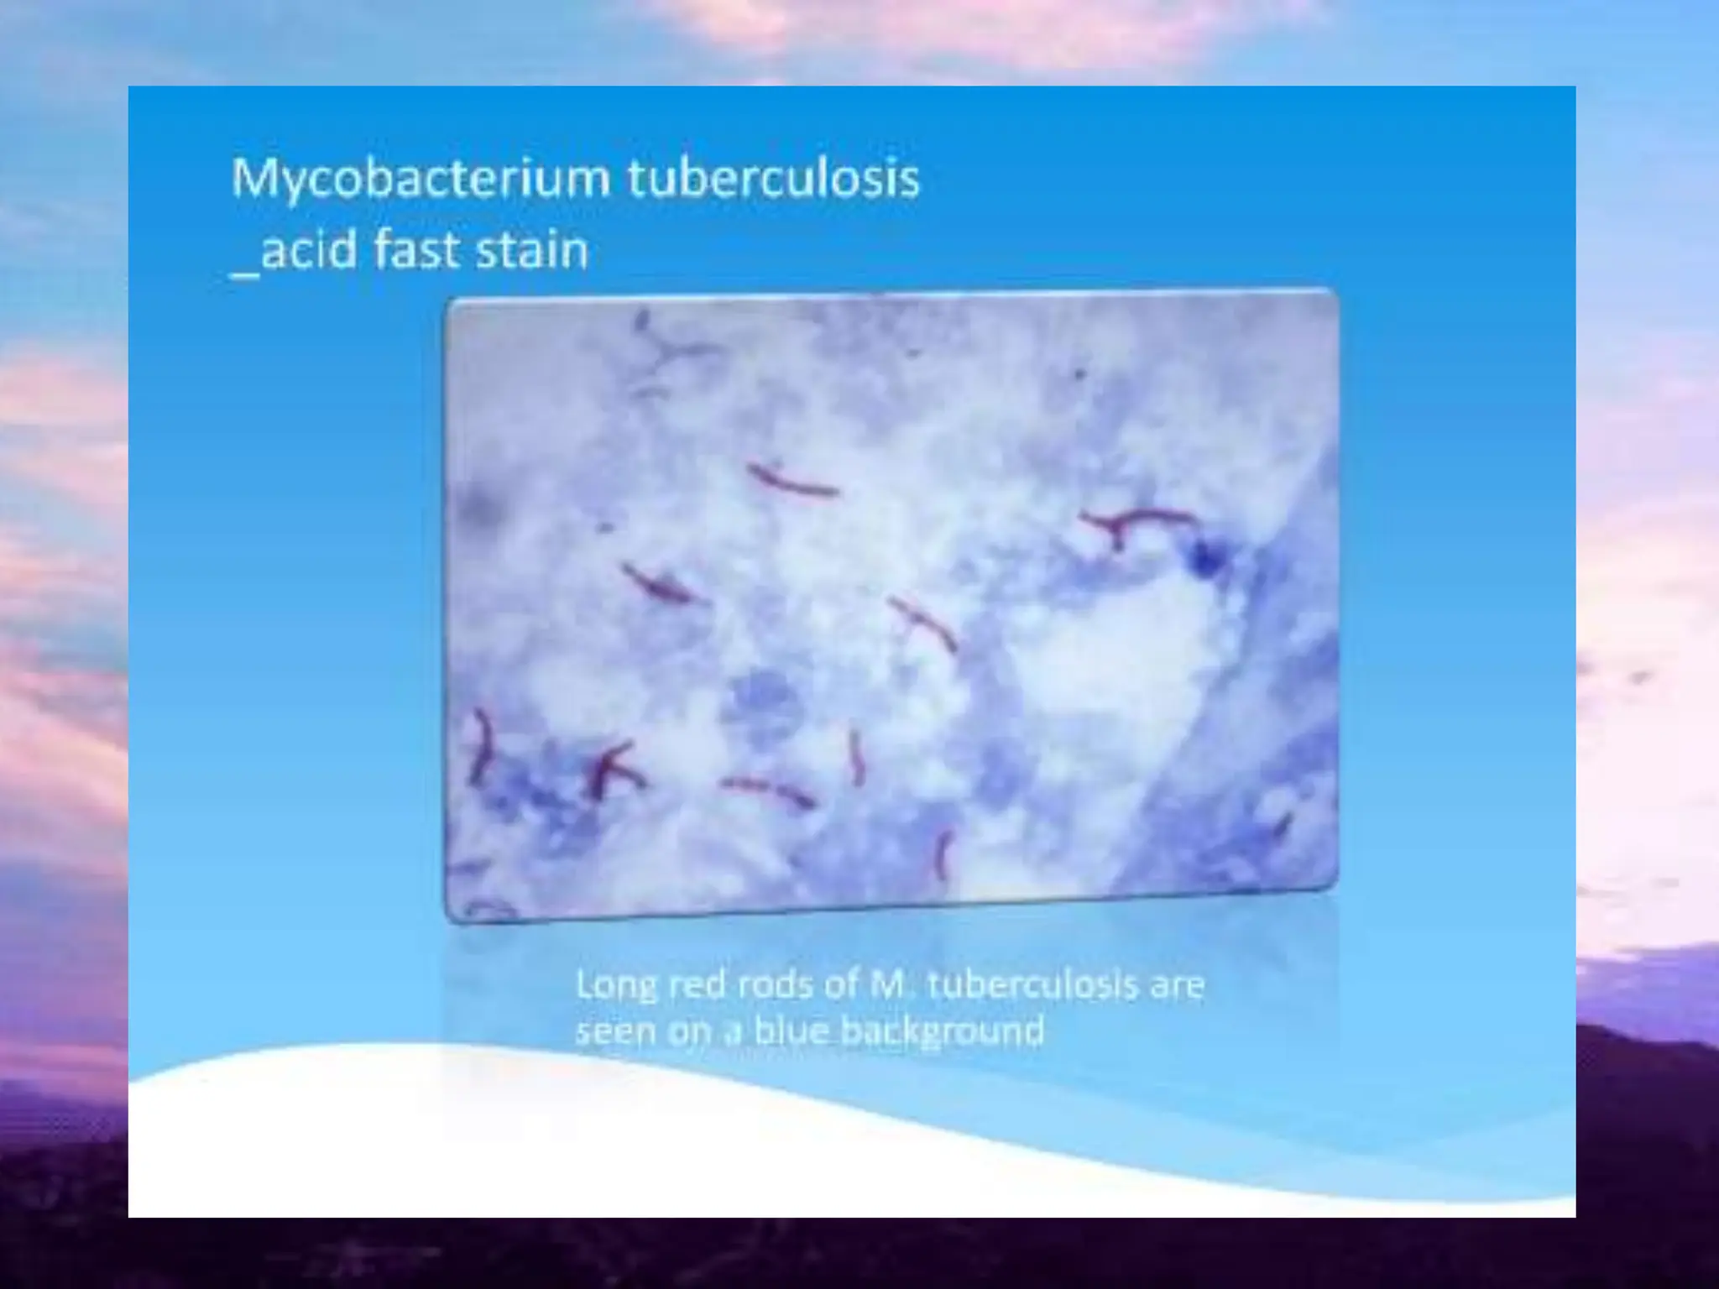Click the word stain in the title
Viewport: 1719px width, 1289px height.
pyautogui.click(x=531, y=249)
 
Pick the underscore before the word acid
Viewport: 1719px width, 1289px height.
pyautogui.click(x=243, y=273)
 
